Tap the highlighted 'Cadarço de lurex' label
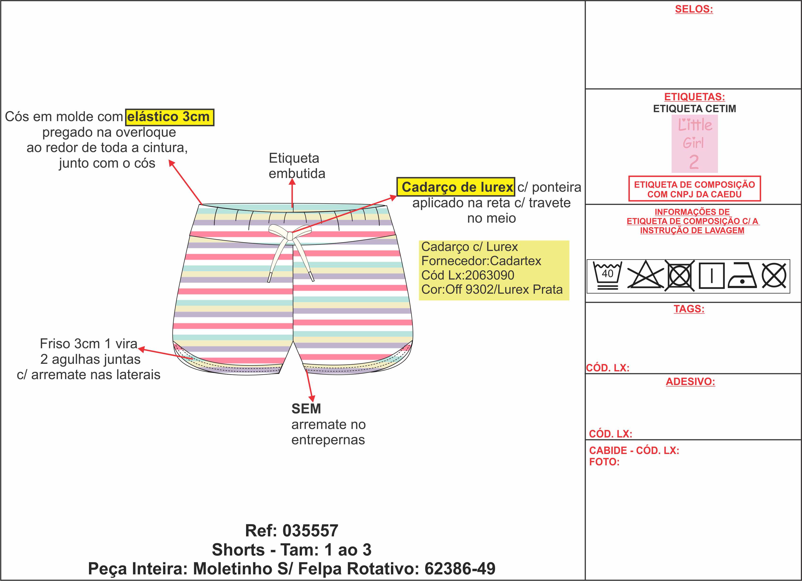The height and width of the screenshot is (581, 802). pos(455,187)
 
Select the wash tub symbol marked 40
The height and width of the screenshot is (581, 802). pos(607,276)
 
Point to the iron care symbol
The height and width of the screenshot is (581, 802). pos(742,276)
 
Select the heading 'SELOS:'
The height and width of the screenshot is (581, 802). pos(694,9)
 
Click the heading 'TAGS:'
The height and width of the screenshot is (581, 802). pos(689,309)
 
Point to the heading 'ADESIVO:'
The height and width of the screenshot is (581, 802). pos(690,382)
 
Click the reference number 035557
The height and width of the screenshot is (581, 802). pos(311,531)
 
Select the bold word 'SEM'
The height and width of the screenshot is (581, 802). pos(306,409)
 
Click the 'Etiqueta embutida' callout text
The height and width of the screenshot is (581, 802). pos(296,165)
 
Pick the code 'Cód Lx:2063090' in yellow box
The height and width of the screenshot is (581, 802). pos(467,275)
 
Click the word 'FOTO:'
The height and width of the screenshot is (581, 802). pos(604,462)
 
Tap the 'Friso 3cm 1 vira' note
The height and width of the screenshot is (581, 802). pos(88,344)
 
